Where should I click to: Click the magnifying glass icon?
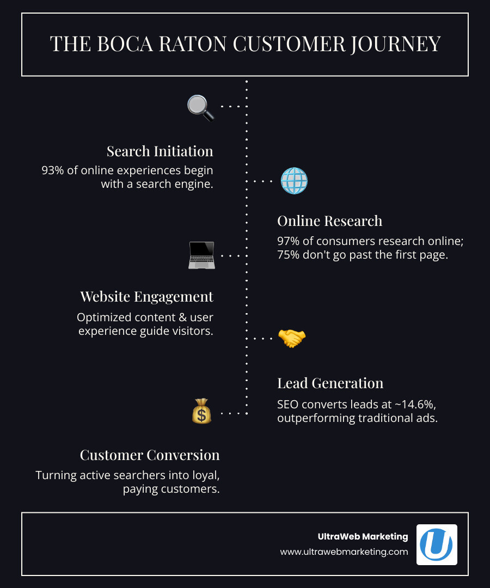click(x=200, y=107)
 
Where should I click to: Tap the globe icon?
click(x=294, y=181)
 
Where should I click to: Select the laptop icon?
click(x=201, y=255)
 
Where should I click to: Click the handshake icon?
click(x=292, y=338)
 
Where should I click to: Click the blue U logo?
click(x=437, y=544)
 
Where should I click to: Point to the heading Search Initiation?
click(x=160, y=151)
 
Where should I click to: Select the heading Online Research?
click(x=329, y=220)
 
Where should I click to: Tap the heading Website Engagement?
click(x=146, y=297)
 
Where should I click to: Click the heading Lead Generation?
click(x=330, y=383)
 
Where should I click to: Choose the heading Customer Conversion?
click(x=150, y=455)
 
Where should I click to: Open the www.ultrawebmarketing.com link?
click(x=344, y=552)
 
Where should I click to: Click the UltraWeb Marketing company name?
click(x=363, y=536)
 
